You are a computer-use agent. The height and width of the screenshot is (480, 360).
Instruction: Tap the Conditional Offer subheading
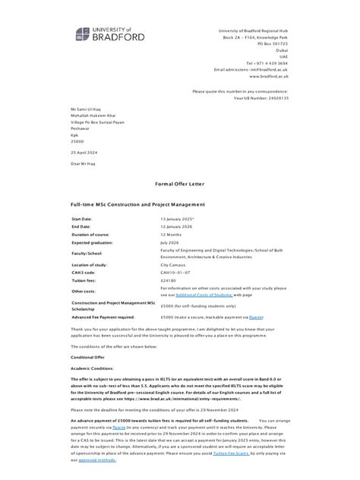click(88, 356)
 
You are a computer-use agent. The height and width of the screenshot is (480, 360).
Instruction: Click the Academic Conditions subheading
click(91, 367)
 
